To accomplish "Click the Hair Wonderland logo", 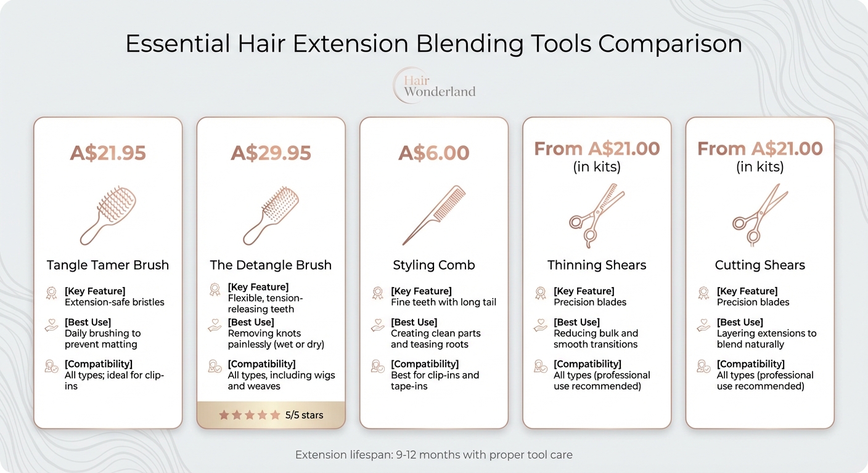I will click(434, 85).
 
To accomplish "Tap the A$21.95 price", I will click(108, 153).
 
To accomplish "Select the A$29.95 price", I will click(271, 153).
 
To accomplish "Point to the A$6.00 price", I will click(433, 153).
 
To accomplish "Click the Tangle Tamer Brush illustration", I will click(107, 216).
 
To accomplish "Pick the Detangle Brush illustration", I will click(271, 216).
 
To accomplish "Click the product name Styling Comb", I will click(434, 265).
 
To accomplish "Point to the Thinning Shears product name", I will click(597, 265).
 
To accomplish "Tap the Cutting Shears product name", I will click(759, 265).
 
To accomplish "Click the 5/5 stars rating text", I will click(304, 415).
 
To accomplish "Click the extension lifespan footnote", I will click(433, 455).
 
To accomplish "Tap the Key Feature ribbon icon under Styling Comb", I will click(377, 293).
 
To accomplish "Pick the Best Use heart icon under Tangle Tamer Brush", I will click(52, 326).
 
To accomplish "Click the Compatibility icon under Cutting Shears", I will click(703, 366).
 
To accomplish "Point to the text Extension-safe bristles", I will click(115, 302).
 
